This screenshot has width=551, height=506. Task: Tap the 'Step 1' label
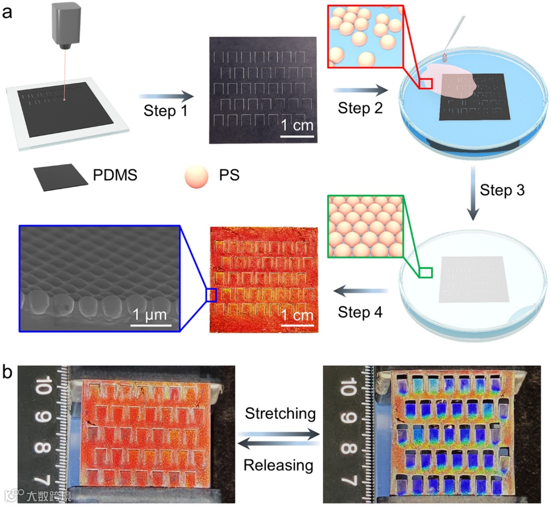coord(165,110)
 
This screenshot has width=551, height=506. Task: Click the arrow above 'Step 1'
coord(166,95)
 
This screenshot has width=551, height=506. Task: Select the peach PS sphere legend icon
coord(196,176)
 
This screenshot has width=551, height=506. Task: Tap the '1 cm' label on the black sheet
coord(297,125)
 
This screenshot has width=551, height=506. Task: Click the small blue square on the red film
coord(211,295)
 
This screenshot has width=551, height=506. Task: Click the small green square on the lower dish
coord(426,272)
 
